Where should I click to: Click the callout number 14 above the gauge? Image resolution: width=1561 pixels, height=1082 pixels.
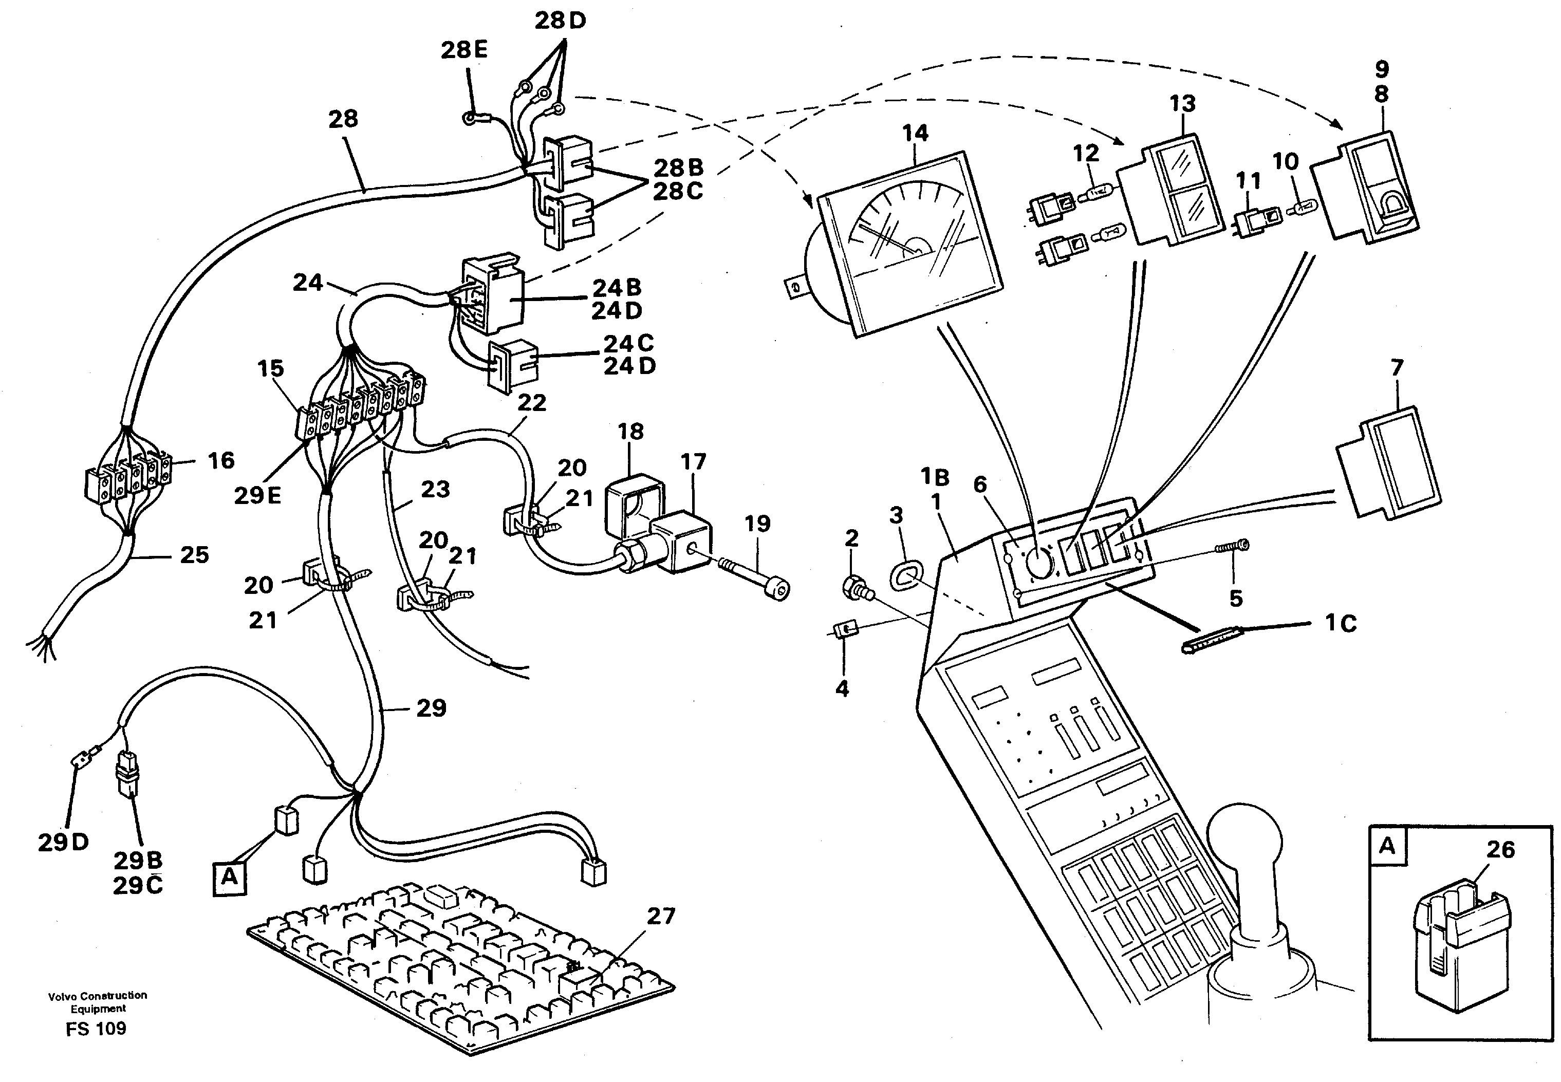click(x=915, y=134)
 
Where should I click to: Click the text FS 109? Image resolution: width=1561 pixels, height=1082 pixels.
click(x=96, y=1029)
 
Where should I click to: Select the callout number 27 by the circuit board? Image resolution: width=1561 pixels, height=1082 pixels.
click(x=660, y=917)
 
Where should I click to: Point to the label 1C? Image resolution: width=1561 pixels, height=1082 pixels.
click(x=1340, y=623)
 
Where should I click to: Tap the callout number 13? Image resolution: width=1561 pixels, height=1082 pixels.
click(x=1182, y=104)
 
